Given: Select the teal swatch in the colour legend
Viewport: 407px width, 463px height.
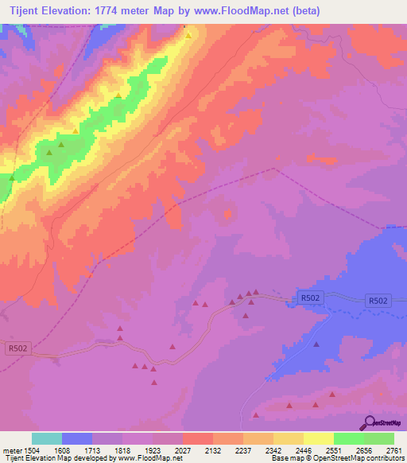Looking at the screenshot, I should click(47, 438).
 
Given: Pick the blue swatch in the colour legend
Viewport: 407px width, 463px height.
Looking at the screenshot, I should click(77, 438).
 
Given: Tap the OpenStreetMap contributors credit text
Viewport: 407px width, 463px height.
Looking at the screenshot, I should click(358, 458).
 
